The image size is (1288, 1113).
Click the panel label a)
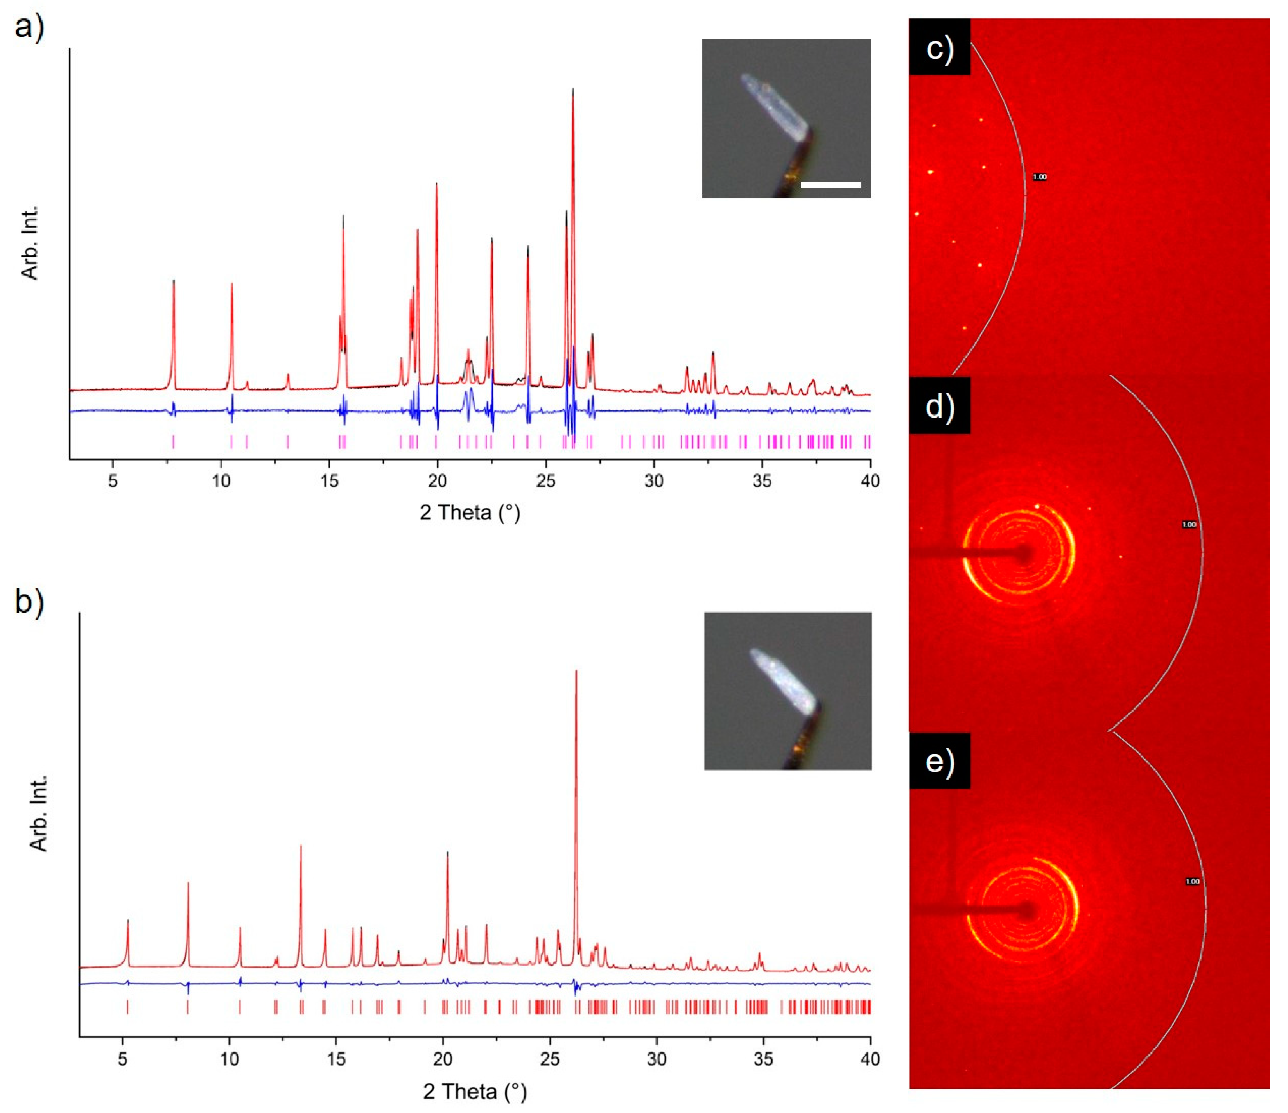[x=29, y=28]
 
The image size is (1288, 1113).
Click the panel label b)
[x=29, y=602]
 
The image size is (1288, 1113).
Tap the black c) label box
[x=939, y=47]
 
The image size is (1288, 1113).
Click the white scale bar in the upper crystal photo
[x=831, y=185]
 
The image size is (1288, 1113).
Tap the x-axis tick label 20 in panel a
[x=437, y=481]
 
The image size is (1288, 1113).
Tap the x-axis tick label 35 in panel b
[x=763, y=1058]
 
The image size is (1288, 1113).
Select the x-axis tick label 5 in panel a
[x=113, y=481]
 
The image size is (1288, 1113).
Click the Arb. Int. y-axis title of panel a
[x=30, y=242]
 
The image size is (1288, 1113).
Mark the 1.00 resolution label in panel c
[x=1039, y=177]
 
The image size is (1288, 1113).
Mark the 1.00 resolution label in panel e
[x=1192, y=881]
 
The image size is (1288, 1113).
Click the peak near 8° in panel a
[x=174, y=283]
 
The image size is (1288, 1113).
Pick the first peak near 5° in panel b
[x=127, y=921]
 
